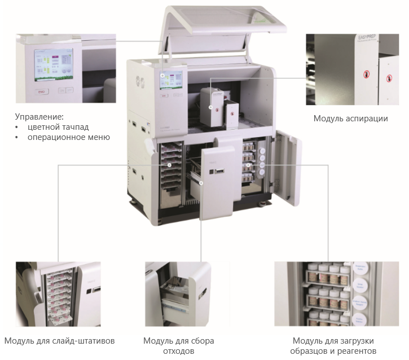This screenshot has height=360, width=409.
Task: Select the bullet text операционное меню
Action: pyautogui.click(x=68, y=137)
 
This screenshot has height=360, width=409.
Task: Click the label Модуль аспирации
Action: pyautogui.click(x=350, y=118)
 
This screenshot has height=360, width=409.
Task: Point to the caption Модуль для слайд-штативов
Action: pyautogui.click(x=59, y=341)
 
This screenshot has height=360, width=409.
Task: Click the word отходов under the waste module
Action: pyautogui.click(x=178, y=351)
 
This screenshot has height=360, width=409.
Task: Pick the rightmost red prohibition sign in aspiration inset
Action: pyautogui.click(x=388, y=77)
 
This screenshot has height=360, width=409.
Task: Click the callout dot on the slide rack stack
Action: pyautogui.click(x=170, y=165)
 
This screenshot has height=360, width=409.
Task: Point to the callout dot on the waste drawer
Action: pyautogui.click(x=200, y=183)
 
